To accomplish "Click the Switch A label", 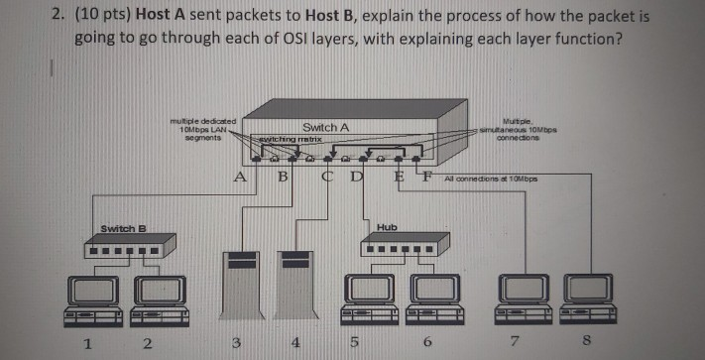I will (325, 128).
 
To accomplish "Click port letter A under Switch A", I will (239, 178).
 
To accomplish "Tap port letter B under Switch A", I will (283, 179).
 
